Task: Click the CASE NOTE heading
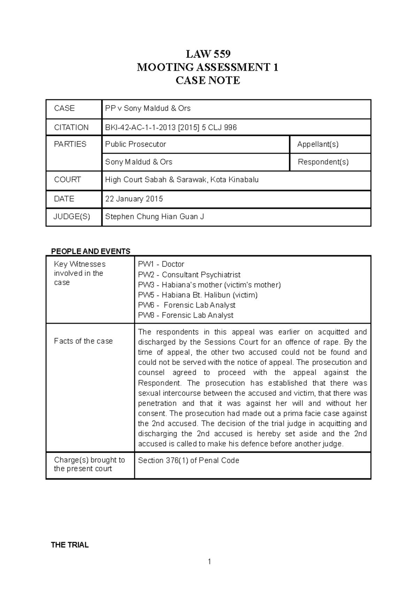tap(208, 80)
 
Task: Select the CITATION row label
tap(71, 127)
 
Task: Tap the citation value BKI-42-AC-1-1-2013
tap(171, 127)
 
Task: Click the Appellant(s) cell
tap(318, 144)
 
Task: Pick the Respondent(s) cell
tap(323, 162)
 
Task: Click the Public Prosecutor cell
tap(136, 144)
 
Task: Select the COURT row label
tap(67, 180)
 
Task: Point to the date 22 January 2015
tap(134, 199)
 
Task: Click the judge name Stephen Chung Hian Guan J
tap(154, 217)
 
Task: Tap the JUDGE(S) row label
tap(72, 217)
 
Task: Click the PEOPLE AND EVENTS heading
tap(91, 251)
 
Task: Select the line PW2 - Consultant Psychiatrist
tap(189, 275)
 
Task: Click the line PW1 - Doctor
tap(161, 264)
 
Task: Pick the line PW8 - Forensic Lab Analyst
tap(186, 315)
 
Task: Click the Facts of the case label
tap(83, 341)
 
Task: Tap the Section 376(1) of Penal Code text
tap(188, 460)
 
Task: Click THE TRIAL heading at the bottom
tap(70, 545)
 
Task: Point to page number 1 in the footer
tap(209, 561)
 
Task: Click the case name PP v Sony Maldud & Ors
tap(148, 108)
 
